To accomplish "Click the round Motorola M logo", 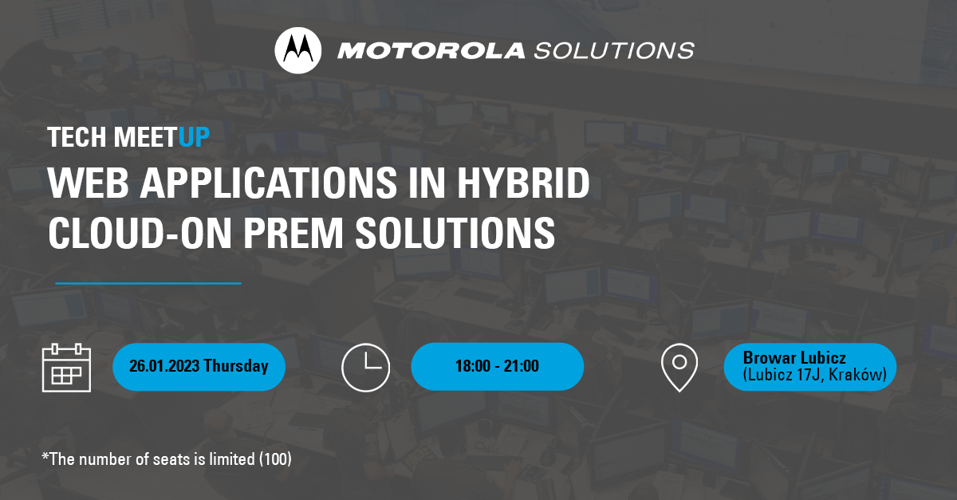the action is (x=297, y=50).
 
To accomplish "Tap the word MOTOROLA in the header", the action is (x=431, y=51).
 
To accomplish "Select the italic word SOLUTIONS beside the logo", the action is (x=614, y=51).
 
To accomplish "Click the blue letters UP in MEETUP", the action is (x=194, y=137).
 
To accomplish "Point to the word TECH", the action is (x=77, y=137).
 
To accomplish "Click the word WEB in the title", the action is (x=88, y=183).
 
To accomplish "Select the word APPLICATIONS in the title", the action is (x=269, y=183).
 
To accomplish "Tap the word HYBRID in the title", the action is (x=523, y=183).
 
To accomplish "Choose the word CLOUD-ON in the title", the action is (x=140, y=233).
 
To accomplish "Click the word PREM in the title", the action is (x=293, y=233).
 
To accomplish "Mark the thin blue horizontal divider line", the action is (x=148, y=283).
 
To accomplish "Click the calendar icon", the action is (x=67, y=368).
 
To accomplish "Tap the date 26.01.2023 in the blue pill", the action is (x=164, y=366).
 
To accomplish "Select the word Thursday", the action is (x=236, y=366).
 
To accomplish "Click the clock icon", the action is (x=366, y=368).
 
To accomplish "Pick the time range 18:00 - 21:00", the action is (x=497, y=366).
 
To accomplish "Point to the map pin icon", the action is (x=679, y=368).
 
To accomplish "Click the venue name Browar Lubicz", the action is (x=794, y=358).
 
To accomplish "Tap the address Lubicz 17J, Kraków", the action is (x=815, y=375).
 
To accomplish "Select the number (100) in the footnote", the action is (x=275, y=459).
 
